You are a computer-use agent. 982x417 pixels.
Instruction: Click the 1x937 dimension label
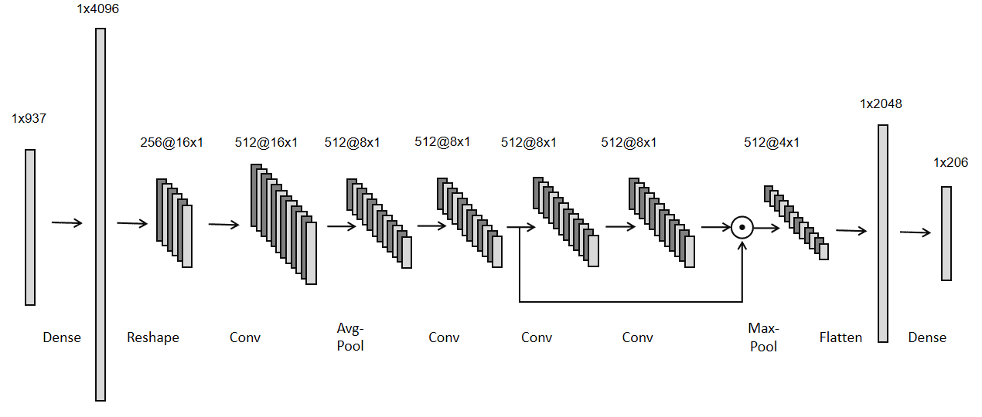tap(29, 119)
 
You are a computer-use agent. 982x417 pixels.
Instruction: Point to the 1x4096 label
tap(98, 10)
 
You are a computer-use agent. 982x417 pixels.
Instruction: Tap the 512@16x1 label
tap(267, 142)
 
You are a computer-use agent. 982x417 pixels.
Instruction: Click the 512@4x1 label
tap(772, 142)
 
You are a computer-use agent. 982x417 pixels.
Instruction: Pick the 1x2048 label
tap(881, 104)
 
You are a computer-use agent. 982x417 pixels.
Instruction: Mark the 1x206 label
tap(950, 163)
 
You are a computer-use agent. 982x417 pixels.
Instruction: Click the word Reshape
tap(153, 337)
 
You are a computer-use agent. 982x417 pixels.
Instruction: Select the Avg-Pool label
tap(350, 337)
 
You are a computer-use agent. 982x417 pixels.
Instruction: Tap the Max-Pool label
tap(763, 337)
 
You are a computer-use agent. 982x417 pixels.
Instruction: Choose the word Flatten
tap(840, 337)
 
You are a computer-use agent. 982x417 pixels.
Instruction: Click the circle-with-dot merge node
tap(742, 227)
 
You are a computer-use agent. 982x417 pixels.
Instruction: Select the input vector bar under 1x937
tap(30, 227)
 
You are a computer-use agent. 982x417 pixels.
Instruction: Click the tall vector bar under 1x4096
tap(101, 215)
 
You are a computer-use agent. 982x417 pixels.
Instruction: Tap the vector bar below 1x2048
tap(883, 233)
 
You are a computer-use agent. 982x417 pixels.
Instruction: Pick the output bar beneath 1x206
tap(946, 233)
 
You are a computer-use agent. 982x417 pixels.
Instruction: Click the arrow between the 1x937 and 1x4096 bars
tap(66, 223)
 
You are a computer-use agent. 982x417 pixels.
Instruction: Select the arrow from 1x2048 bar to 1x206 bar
tap(916, 232)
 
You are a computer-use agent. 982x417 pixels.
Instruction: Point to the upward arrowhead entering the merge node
tap(742, 246)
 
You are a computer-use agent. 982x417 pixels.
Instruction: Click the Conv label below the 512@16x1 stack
tap(245, 337)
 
